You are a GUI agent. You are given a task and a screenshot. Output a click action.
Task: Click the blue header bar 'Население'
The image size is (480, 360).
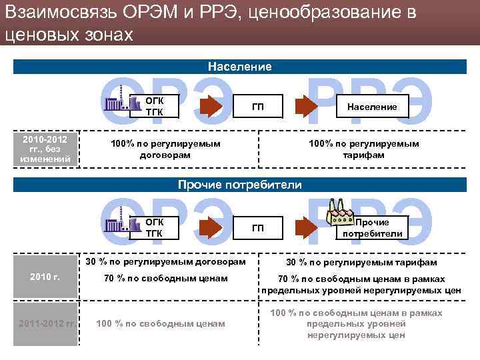coord(239,67)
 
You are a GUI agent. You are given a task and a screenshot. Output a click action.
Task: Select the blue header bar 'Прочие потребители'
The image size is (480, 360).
coord(239,185)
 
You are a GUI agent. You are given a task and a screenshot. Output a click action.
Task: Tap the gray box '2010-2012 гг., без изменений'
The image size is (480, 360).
coord(45,149)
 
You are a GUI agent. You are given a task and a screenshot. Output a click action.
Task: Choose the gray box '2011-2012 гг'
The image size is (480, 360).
coord(45,323)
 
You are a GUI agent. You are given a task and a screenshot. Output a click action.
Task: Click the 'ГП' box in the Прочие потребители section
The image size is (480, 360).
coord(257,229)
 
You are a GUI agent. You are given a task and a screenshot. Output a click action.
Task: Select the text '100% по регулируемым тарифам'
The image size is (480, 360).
coord(363,149)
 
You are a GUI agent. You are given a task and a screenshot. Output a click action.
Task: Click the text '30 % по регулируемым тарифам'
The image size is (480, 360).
coord(361,263)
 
